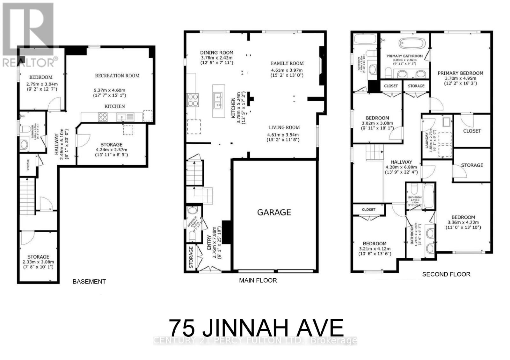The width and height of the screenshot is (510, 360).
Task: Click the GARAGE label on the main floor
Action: pos(274,212)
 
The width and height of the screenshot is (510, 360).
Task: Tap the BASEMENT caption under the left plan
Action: pos(89,282)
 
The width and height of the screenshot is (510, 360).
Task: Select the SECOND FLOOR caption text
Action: pos(446,274)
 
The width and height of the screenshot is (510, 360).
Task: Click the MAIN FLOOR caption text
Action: pos(258,280)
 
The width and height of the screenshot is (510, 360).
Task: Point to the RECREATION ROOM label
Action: pos(117,76)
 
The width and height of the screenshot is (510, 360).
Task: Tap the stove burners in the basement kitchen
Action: pos(103,117)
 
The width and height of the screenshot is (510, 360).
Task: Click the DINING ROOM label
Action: pos(216,53)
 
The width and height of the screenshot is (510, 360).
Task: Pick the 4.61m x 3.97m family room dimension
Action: pos(287,70)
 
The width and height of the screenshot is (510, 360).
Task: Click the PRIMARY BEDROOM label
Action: pos(460,73)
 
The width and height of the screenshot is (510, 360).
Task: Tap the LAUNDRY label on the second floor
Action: pos(426,140)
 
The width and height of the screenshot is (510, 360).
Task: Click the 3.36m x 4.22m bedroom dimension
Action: pos(463,222)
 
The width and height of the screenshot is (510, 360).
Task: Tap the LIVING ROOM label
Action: pos(284,127)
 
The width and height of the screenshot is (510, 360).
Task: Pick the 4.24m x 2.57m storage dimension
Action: pos(111,150)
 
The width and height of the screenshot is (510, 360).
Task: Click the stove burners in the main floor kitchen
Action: pos(193,100)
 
